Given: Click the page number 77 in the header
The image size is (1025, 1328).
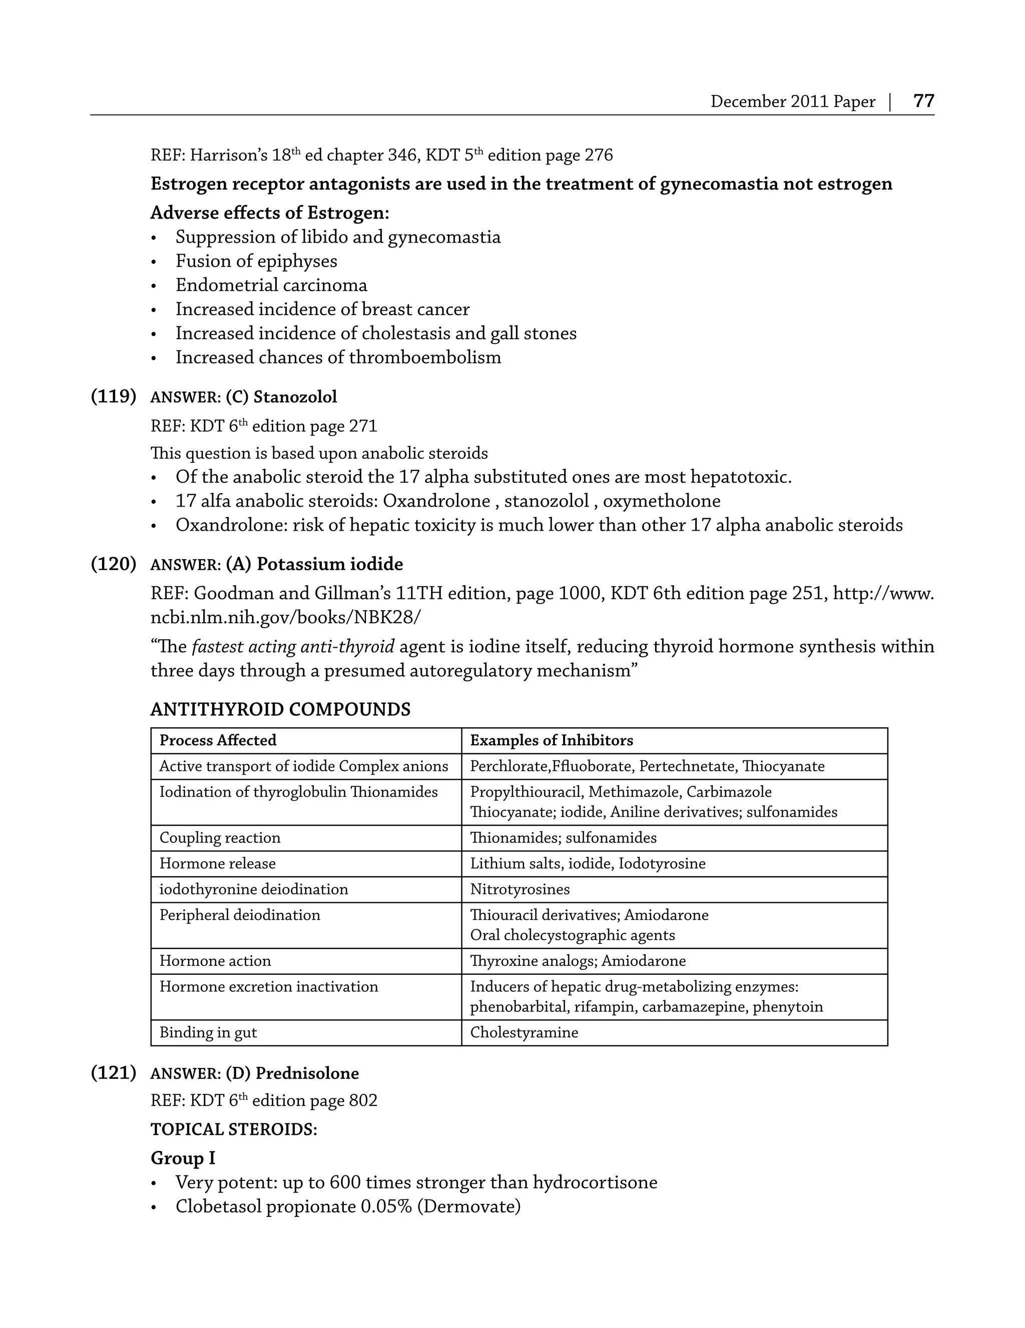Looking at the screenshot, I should click(x=923, y=101).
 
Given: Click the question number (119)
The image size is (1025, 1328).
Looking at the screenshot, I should click(x=114, y=397).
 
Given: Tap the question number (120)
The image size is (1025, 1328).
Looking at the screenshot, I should click(x=114, y=564).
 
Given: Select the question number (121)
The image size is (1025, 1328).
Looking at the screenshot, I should click(x=114, y=1073).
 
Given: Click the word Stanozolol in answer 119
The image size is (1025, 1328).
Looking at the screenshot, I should click(x=295, y=397).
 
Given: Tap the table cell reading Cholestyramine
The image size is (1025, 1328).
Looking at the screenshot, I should click(x=524, y=1032).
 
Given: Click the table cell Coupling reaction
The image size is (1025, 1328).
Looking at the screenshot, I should click(x=220, y=838).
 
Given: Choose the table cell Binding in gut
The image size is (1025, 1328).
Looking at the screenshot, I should click(x=208, y=1032).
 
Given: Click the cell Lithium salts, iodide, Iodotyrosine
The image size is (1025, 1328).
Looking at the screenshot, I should click(x=588, y=864).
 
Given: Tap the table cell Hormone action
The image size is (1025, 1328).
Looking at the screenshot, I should click(x=215, y=961).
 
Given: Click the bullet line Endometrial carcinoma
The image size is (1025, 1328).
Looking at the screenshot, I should click(x=271, y=285).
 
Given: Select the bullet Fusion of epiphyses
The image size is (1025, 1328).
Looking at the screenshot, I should click(x=256, y=262).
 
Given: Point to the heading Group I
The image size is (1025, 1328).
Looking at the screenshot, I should click(x=183, y=1158).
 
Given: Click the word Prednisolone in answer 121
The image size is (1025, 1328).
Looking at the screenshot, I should click(x=307, y=1074).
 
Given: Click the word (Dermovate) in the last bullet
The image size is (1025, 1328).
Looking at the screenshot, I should click(x=468, y=1206).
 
